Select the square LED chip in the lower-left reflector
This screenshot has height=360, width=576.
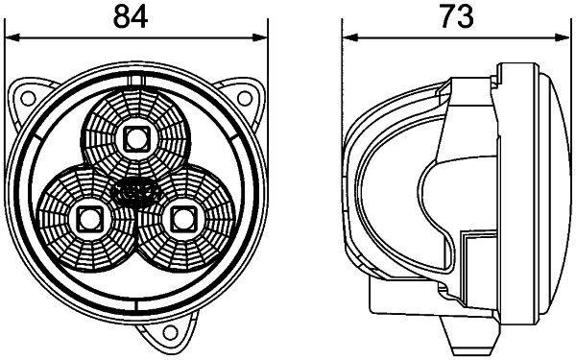pos(91,217)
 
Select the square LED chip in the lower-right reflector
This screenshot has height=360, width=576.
pos(180,217)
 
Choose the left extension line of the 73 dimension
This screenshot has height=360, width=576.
pos(344,77)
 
